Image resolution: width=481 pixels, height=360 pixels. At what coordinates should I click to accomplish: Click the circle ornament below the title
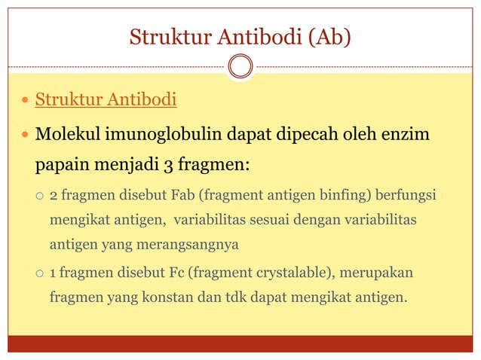pyautogui.click(x=240, y=66)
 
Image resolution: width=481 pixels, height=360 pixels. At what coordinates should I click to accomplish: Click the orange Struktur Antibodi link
pyautogui.click(x=106, y=99)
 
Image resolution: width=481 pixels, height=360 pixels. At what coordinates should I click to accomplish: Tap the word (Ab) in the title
pyautogui.click(x=326, y=36)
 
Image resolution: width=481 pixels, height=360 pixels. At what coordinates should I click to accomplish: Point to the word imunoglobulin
pyautogui.click(x=158, y=135)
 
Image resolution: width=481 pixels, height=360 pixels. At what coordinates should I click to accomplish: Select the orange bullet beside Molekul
pyautogui.click(x=26, y=136)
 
